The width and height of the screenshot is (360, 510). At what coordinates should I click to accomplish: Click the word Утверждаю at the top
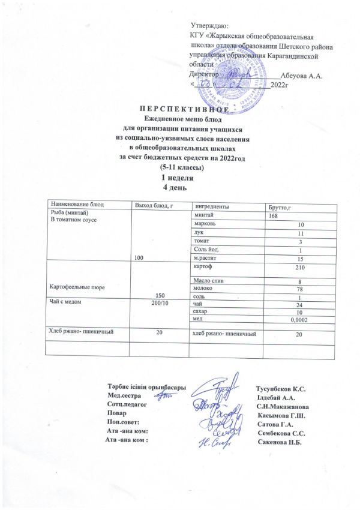[208, 26]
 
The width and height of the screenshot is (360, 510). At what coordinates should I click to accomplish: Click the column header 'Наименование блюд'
[73, 206]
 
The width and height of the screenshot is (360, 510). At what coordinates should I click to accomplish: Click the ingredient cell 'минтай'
[203, 215]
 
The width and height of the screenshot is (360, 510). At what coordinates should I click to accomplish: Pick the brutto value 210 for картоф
[293, 266]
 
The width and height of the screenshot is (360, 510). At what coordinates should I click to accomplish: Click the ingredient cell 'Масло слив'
[208, 281]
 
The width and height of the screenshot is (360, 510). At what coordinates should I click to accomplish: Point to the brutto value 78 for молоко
[294, 290]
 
